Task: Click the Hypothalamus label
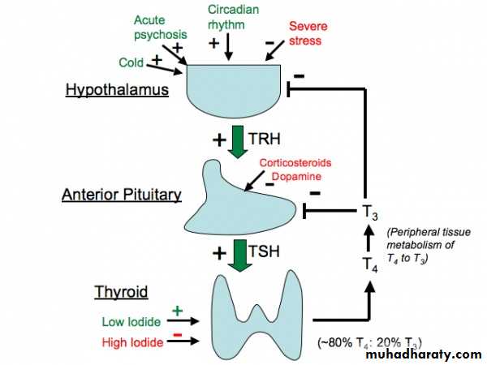pyautogui.click(x=118, y=89)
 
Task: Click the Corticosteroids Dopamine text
pyautogui.click(x=295, y=168)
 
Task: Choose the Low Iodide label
pyautogui.click(x=128, y=321)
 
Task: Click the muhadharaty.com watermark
pyautogui.click(x=423, y=354)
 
